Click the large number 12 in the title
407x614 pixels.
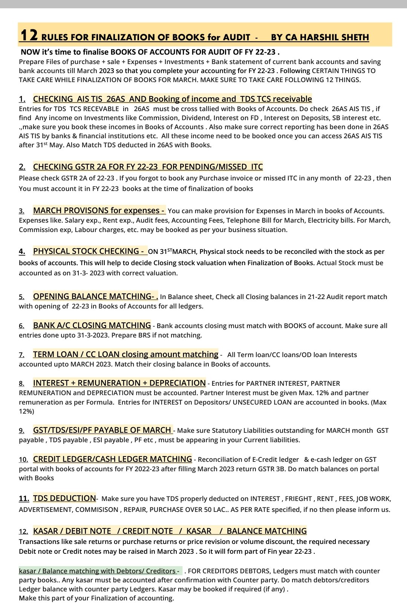29,35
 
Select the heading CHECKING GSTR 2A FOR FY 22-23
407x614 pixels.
148,166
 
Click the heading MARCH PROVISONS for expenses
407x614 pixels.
99,210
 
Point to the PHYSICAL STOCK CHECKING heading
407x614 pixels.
89,251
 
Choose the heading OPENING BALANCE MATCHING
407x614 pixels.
95,296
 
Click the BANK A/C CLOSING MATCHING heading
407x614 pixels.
92,325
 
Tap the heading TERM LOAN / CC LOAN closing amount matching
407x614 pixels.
125,354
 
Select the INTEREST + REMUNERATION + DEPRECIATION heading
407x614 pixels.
119,383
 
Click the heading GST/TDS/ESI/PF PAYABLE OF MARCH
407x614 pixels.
103,430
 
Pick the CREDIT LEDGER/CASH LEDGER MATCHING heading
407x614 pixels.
112,459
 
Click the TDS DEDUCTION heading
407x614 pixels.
64,498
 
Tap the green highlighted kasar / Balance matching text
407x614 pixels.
99,571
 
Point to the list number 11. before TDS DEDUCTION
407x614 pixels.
24,498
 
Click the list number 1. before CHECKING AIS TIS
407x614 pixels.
22,99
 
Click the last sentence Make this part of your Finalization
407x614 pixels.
96,598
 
